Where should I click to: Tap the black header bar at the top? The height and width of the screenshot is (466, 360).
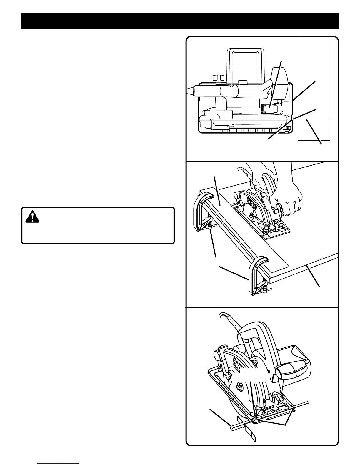coord(180,21)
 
